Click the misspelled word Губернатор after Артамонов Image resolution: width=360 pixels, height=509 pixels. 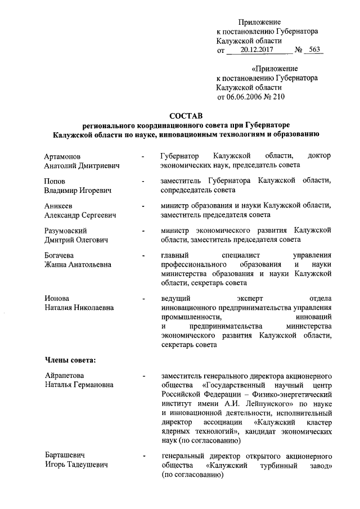pyautogui.click(x=179, y=156)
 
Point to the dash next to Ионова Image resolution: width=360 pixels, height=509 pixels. pyautogui.click(x=145, y=298)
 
